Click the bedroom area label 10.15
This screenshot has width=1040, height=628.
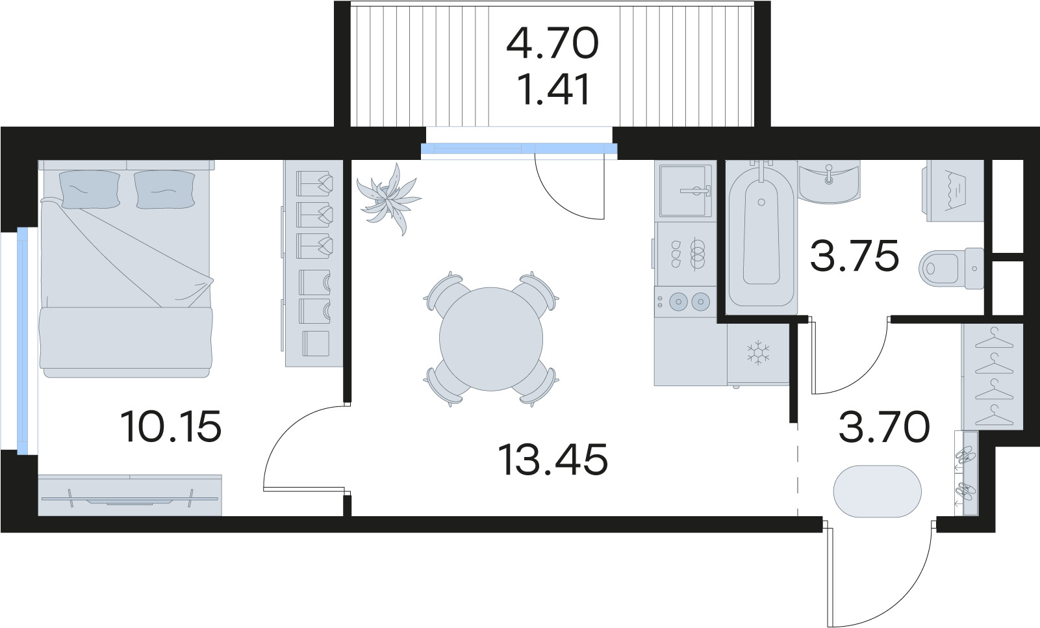[170, 426]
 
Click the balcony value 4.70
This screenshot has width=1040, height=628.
[552, 43]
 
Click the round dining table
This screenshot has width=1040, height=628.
[490, 339]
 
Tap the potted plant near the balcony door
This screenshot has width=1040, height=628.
[389, 200]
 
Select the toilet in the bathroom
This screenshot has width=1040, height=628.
[951, 268]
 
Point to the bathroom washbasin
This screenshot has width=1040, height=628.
[830, 182]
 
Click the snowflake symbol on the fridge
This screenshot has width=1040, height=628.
[758, 352]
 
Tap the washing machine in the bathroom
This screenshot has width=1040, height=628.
[956, 191]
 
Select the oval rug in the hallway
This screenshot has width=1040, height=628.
[878, 491]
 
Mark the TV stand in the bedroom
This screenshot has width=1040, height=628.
[129, 495]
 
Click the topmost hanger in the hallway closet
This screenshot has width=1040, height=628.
[994, 338]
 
